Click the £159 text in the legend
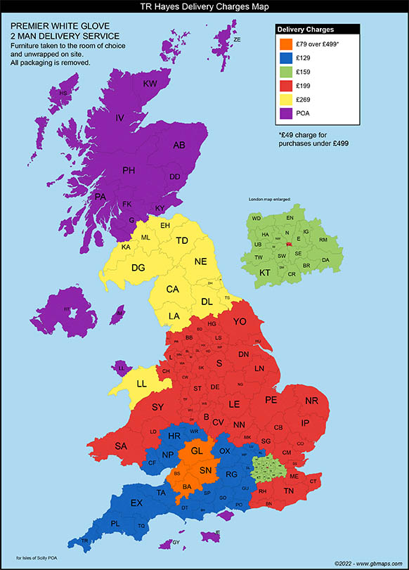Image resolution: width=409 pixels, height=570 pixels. pyautogui.click(x=304, y=72)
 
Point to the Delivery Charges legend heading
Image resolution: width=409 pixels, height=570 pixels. pyautogui.click(x=306, y=30)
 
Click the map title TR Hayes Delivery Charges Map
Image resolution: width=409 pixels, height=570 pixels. pyautogui.click(x=204, y=6)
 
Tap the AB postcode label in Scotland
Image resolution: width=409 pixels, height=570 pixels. pyautogui.click(x=179, y=145)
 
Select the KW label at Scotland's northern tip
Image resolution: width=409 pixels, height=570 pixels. pyautogui.click(x=150, y=84)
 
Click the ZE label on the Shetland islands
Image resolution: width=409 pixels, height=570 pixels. pyautogui.click(x=237, y=40)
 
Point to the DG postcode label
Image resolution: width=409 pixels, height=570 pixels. pyautogui.click(x=138, y=267)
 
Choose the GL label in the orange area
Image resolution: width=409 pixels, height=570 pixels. pyautogui.click(x=197, y=451)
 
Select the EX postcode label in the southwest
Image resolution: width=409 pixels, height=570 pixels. pyautogui.click(x=136, y=503)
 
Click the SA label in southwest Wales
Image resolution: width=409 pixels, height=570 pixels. pyautogui.click(x=122, y=446)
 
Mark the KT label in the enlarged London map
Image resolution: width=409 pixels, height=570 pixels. pyautogui.click(x=265, y=272)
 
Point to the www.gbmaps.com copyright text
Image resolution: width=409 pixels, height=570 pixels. pyautogui.click(x=370, y=563)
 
